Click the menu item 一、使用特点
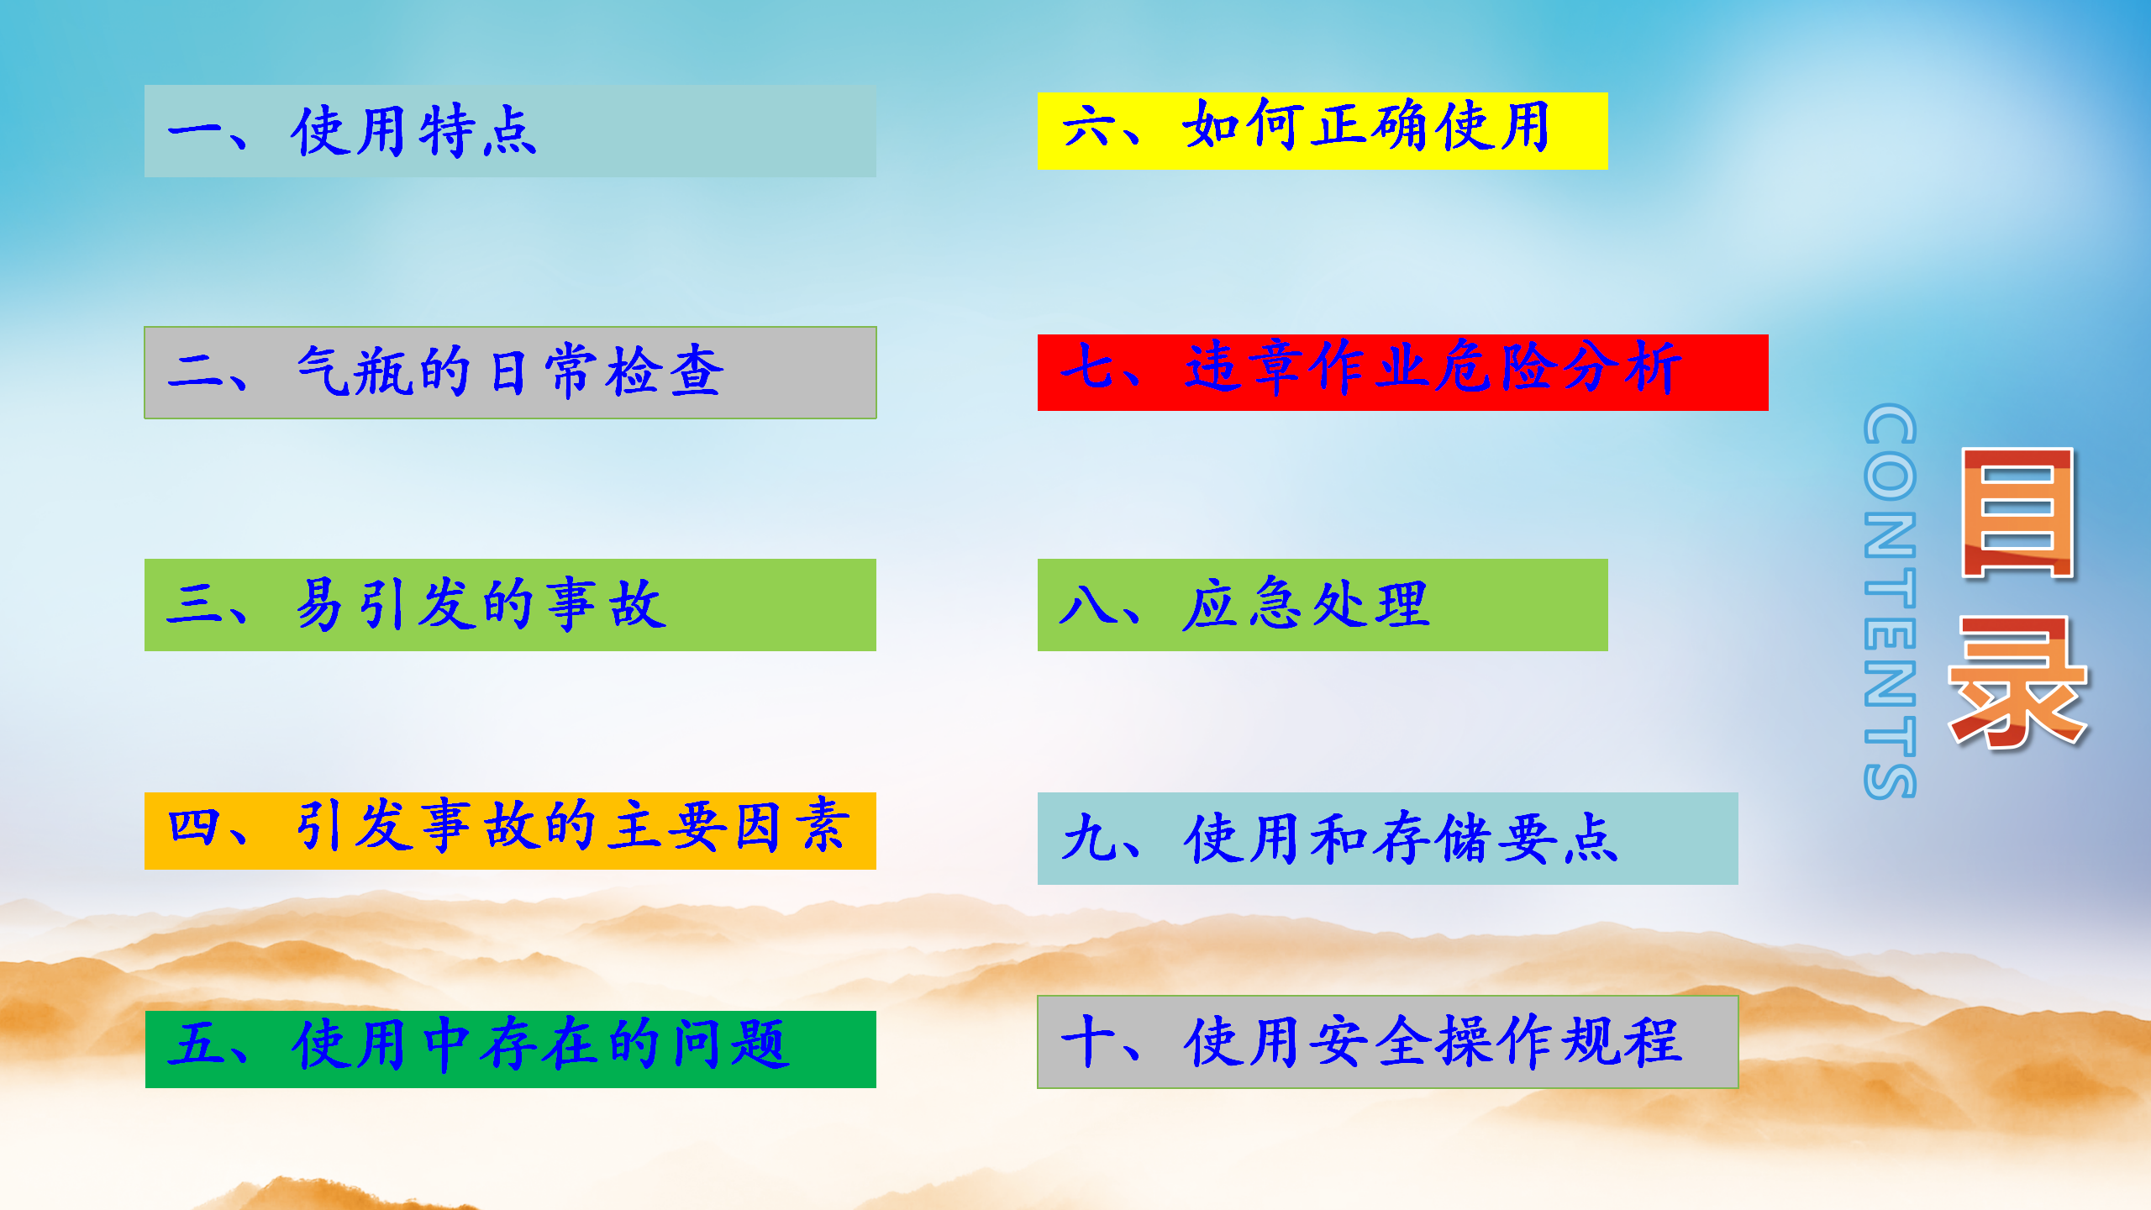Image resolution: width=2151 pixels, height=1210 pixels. (510, 131)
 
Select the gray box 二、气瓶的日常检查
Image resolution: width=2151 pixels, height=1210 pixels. (510, 372)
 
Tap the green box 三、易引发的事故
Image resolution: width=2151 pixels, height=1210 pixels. (510, 605)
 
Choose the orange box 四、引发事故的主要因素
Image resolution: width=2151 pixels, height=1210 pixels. (510, 830)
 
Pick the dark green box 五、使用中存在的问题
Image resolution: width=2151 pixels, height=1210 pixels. (510, 1049)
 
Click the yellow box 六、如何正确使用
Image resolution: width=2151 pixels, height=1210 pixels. (1323, 130)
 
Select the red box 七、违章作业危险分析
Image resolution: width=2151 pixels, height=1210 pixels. (1402, 372)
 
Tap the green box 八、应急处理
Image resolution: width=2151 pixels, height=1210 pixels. (1323, 605)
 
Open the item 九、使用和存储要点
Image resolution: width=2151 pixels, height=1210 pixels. (1387, 839)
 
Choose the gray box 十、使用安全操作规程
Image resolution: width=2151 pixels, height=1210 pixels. (1387, 1042)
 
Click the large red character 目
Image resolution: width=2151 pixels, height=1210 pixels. (2017, 513)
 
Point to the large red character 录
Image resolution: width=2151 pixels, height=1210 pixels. (2017, 681)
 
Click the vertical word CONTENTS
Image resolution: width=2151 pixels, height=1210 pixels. (1890, 601)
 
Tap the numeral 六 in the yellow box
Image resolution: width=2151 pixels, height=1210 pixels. (1090, 126)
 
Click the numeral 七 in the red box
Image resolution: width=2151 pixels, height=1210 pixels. (1088, 366)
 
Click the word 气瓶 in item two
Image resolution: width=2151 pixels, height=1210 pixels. (355, 371)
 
